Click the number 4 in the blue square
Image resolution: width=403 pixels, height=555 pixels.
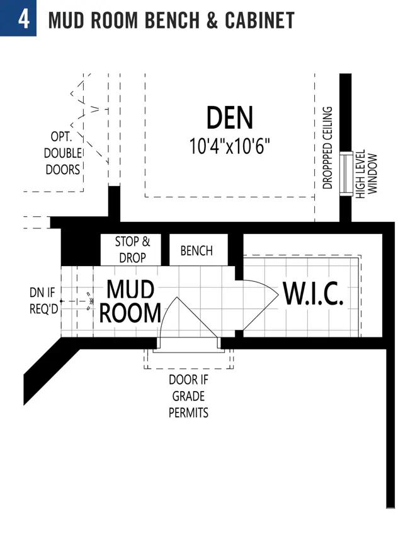coord(24,20)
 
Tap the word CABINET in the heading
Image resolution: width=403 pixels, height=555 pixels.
coord(260,20)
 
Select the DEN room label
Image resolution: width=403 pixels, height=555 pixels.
coord(230,117)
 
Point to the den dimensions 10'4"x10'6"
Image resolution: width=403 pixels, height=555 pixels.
coord(230,146)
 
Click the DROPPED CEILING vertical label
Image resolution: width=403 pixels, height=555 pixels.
coord(327,148)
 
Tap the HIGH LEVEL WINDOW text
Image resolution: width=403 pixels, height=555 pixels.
coord(366,174)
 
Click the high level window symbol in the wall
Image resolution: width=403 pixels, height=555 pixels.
coord(346,173)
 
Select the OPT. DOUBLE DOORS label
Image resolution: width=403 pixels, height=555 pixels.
coord(62,153)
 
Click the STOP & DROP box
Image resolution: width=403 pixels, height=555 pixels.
coord(131,250)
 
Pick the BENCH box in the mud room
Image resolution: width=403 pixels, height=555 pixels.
coord(198,250)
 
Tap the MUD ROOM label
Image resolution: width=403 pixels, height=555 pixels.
coord(130,301)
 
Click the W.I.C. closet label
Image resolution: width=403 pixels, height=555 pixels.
coord(313,294)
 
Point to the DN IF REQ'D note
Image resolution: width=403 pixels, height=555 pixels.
coord(43,301)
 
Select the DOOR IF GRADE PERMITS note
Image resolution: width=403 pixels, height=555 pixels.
coord(188,396)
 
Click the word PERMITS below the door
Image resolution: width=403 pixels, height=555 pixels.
coord(188,412)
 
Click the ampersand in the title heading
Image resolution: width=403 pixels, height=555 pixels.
coord(212,20)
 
